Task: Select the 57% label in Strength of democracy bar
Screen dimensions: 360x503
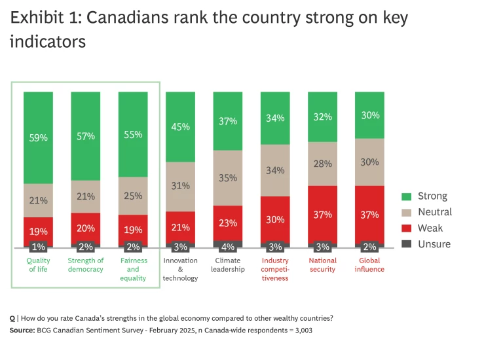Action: coord(86,136)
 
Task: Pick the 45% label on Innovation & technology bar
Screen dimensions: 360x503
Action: coord(181,127)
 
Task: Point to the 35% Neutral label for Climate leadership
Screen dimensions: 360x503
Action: coord(228,177)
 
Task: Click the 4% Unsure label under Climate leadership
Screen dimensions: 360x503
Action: coord(228,247)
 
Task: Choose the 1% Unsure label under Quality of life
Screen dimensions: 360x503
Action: coord(38,247)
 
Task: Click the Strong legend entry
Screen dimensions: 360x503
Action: coord(432,196)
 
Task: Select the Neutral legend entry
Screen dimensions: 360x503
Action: coord(435,212)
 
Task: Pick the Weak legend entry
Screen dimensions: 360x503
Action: coord(430,228)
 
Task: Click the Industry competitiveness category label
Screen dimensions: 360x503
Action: coord(275,269)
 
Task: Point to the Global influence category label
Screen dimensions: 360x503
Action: coord(369,264)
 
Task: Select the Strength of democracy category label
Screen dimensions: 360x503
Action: coord(86,264)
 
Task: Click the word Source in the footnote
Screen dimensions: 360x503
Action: coord(23,331)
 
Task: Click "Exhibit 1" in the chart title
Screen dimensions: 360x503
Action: coord(43,18)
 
